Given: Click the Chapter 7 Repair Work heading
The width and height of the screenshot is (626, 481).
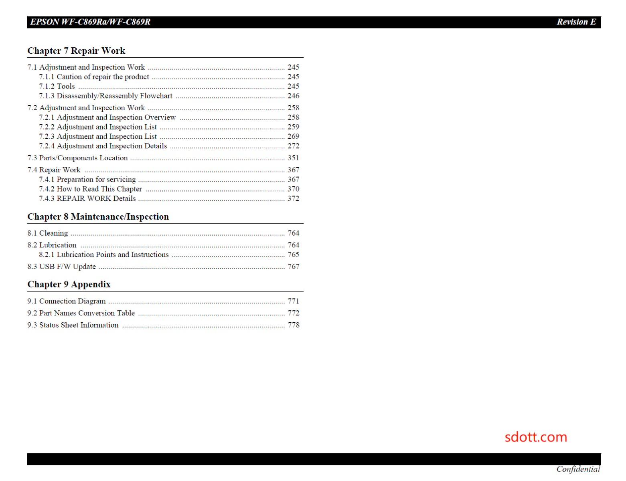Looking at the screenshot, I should [76, 51].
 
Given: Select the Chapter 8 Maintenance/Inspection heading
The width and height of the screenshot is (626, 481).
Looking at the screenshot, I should [98, 217].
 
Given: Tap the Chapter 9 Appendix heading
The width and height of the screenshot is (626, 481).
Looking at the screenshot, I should [69, 285].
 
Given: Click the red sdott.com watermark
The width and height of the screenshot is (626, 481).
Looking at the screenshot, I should [536, 437].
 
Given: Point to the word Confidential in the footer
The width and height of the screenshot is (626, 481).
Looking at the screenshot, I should [578, 469].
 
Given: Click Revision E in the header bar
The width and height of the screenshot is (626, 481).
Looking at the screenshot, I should [576, 22].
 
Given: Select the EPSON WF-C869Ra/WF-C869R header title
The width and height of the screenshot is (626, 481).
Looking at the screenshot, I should [90, 22].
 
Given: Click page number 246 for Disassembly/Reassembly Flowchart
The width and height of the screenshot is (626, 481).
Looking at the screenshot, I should [293, 96].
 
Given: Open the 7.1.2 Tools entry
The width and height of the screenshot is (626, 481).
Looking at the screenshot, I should [57, 86].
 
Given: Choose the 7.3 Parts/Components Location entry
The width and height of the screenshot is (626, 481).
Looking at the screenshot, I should [77, 158].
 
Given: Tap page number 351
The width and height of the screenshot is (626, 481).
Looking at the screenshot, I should [293, 158].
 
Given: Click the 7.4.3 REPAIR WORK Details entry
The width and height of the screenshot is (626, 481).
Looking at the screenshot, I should [87, 198].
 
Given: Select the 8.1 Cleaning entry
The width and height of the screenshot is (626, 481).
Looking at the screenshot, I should [47, 233].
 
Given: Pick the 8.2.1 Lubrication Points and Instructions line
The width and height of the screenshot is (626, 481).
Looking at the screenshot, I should [104, 255].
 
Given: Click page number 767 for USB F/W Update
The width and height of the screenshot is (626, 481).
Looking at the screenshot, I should [293, 267].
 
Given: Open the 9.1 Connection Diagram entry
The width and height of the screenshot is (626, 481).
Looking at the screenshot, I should [67, 301].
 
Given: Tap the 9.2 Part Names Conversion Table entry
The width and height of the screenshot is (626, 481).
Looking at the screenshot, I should [81, 313].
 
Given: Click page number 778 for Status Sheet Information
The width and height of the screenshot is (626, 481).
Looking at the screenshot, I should [293, 325].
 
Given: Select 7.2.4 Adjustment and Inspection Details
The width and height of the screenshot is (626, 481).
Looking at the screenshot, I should [103, 146].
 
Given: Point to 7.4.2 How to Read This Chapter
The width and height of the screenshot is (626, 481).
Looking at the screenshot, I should [91, 189].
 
